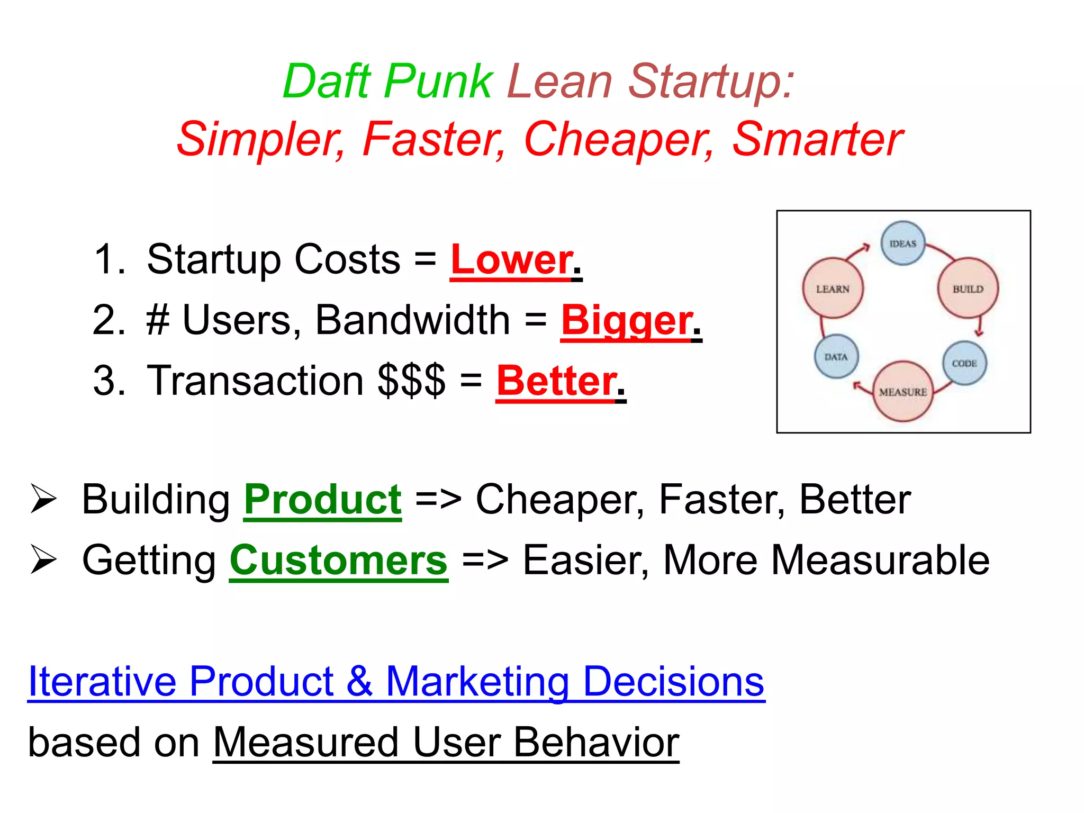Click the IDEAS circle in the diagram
(903, 243)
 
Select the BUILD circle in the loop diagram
(968, 288)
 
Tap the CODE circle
(965, 363)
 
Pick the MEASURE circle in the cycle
(903, 392)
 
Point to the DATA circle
(836, 357)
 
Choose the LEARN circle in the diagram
(833, 288)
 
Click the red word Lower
(511, 260)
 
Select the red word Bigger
(626, 321)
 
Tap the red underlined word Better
(556, 381)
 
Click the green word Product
(322, 500)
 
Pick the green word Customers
(339, 561)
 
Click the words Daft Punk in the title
(388, 82)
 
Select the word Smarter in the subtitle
(818, 139)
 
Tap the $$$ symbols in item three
(411, 381)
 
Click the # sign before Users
(158, 321)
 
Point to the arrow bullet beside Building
(43, 499)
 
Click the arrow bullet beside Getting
(43, 559)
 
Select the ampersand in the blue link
(360, 682)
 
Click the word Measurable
(880, 561)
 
